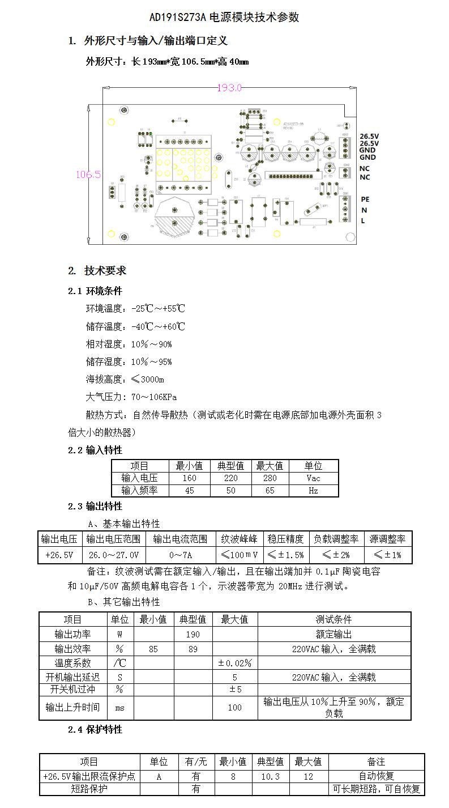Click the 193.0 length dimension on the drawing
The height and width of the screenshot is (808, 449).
tap(229, 88)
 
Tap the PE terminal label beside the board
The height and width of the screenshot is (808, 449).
tap(365, 199)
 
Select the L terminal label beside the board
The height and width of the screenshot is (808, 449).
tap(363, 221)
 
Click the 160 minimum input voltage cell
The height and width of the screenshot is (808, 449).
tap(190, 478)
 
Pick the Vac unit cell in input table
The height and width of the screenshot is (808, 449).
tap(313, 478)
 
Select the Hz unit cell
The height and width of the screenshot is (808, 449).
tap(313, 491)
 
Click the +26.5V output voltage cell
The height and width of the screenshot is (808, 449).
tap(60, 555)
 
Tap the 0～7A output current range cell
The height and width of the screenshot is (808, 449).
tap(180, 555)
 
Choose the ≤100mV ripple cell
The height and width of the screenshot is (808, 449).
tap(239, 555)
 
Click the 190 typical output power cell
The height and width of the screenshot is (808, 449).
tap(193, 635)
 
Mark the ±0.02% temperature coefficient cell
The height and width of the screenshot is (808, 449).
tap(234, 663)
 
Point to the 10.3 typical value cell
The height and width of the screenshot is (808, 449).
tap(270, 777)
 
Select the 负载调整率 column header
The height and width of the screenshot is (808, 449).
tap(336, 539)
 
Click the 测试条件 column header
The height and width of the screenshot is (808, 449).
tap(334, 619)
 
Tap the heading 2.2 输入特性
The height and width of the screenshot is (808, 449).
tap(95, 450)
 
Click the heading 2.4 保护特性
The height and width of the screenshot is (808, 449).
tap(95, 730)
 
